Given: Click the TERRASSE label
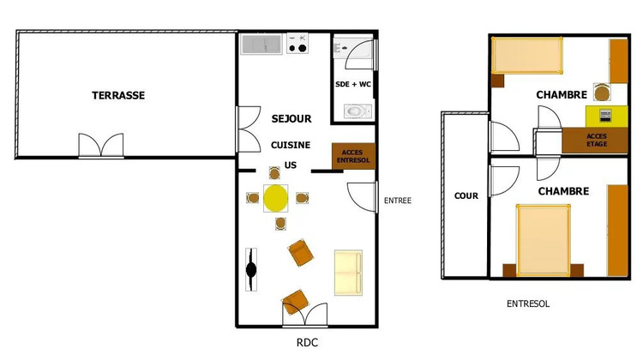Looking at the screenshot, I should click(x=118, y=95).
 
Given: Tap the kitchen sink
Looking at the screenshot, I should click(x=262, y=44).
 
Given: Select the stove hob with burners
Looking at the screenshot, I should click(x=298, y=44).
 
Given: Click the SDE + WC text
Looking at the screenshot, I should click(x=353, y=84).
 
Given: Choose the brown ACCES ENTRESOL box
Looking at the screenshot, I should click(x=352, y=156).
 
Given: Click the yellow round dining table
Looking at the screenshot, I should click(x=276, y=198).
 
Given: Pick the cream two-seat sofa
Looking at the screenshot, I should click(x=347, y=272).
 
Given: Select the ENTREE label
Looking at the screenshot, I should click(x=398, y=201).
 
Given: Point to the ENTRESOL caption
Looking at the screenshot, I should click(x=528, y=303).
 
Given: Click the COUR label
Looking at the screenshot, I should click(x=466, y=196).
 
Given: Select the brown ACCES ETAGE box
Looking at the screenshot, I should click(x=597, y=139).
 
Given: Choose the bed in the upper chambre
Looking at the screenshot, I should click(x=526, y=57).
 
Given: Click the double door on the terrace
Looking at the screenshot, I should click(x=102, y=146).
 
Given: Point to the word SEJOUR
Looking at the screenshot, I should click(x=291, y=119).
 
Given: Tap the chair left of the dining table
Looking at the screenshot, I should click(x=252, y=198).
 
